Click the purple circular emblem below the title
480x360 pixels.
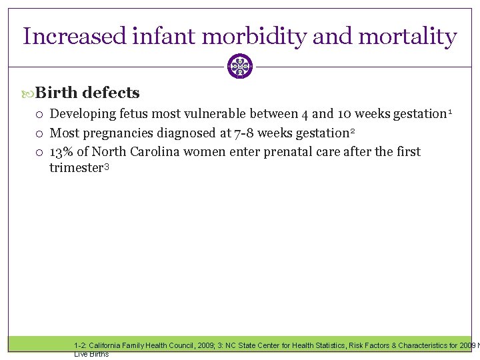pos(240,67)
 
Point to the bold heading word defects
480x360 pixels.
pos(111,93)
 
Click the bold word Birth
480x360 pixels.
pos(57,93)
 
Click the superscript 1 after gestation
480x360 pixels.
pos(451,111)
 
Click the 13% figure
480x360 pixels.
pos(63,151)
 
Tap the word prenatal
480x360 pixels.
pos(257,151)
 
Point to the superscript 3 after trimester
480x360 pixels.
pos(105,166)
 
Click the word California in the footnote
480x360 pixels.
pos(103,345)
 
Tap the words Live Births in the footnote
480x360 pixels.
pos(91,354)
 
